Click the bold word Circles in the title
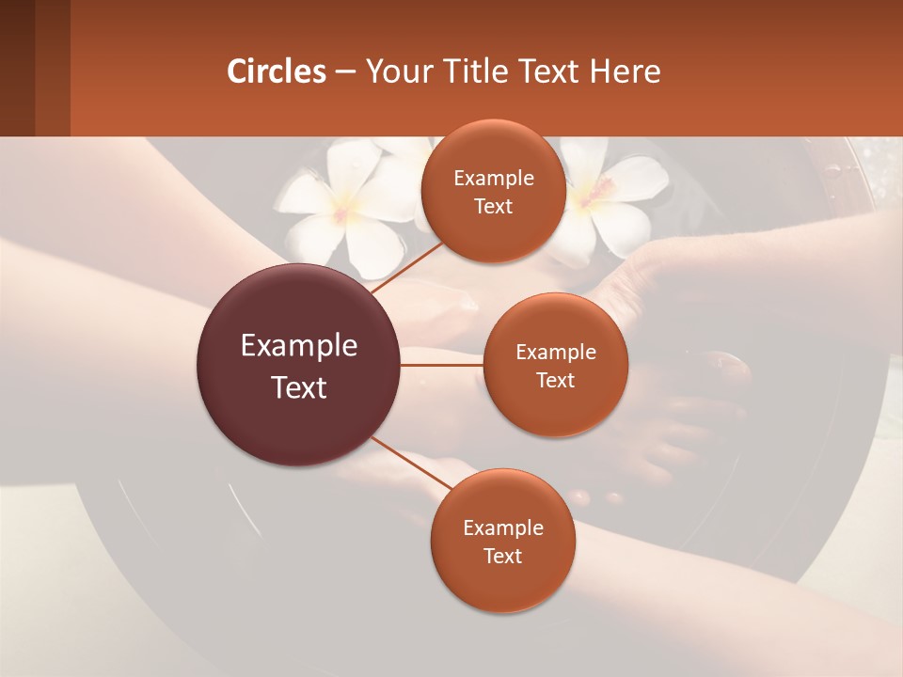[x=277, y=71]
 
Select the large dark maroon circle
[x=297, y=365]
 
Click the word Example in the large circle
[x=299, y=346]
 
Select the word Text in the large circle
[x=299, y=387]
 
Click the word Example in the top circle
[x=494, y=179]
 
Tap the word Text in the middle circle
[x=556, y=381]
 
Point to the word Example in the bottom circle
[x=503, y=527]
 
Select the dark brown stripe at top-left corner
[x=17, y=68]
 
